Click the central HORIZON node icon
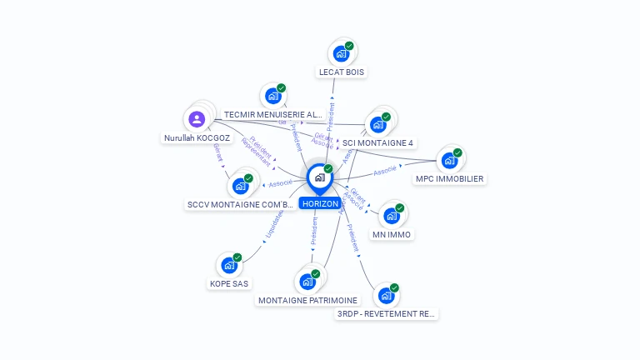(x=319, y=177)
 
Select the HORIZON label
(x=320, y=204)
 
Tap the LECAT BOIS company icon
(x=340, y=53)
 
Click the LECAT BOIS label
(x=342, y=72)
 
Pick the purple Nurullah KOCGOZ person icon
(x=197, y=118)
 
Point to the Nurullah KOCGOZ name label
(x=197, y=137)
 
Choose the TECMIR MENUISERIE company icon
(x=272, y=96)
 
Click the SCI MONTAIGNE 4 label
(x=378, y=142)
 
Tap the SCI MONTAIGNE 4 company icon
(x=379, y=124)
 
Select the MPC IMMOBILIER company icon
(x=449, y=160)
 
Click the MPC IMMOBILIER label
(x=450, y=179)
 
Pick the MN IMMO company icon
(x=391, y=216)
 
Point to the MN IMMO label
(x=392, y=235)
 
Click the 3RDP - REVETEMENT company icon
(x=386, y=295)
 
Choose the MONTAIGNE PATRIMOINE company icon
(x=307, y=281)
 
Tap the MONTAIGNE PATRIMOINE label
(x=307, y=300)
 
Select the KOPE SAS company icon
(x=228, y=265)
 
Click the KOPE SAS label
(x=228, y=284)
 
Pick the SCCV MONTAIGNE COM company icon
(x=240, y=185)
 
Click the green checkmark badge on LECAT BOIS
(x=349, y=46)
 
